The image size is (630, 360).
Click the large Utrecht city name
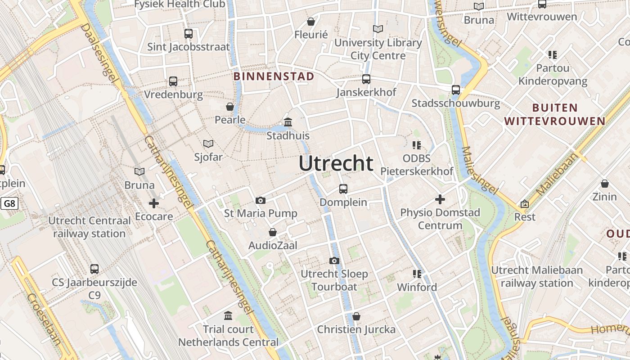336,163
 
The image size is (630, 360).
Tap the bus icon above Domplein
343,189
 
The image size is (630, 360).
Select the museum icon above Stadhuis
288,122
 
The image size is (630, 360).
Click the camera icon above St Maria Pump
260,200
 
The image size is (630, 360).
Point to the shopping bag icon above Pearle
230,107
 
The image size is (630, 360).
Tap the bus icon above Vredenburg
173,81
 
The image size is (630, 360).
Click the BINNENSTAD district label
274,76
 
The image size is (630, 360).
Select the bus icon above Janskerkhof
366,79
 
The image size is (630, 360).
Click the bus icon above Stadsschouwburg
456,90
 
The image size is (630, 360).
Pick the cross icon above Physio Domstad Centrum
440,199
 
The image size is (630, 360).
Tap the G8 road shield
9,204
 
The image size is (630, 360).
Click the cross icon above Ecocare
154,203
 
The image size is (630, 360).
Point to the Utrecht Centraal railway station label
90,227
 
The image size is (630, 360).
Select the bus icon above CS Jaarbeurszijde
94,269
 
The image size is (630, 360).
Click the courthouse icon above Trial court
228,315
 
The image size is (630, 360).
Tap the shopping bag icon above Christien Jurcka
356,316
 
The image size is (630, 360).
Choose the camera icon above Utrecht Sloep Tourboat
334,261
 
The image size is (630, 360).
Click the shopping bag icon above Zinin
605,184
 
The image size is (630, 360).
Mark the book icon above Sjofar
208,144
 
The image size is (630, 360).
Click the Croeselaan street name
44,319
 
